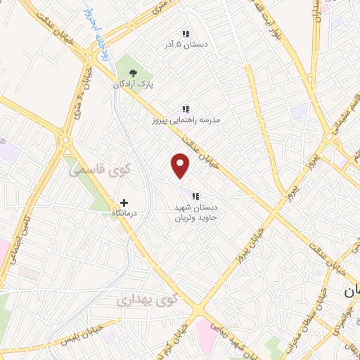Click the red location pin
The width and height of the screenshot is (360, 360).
pyautogui.click(x=181, y=165)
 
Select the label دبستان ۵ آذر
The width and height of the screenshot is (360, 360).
pyautogui.click(x=186, y=45)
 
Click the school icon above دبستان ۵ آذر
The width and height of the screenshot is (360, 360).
pyautogui.click(x=186, y=33)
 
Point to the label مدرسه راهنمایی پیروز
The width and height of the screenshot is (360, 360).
pyautogui.click(x=186, y=120)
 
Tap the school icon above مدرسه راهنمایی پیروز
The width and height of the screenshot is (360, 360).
pyautogui.click(x=186, y=109)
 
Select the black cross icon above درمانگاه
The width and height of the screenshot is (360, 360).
pyautogui.click(x=124, y=202)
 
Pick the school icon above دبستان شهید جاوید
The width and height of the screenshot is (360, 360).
pyautogui.click(x=195, y=195)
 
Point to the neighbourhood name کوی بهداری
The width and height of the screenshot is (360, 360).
pyautogui.click(x=148, y=300)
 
